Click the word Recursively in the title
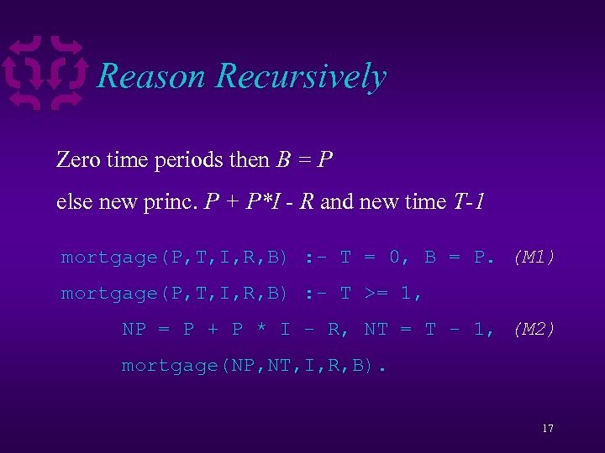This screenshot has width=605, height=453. coord(301,76)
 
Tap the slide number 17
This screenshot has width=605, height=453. coord(547,429)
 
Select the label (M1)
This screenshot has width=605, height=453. coord(534,258)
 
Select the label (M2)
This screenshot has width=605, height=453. coord(534,330)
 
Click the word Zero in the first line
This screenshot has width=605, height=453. coord(79,159)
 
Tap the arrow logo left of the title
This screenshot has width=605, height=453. coord(45,73)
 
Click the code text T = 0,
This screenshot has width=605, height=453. coord(375,258)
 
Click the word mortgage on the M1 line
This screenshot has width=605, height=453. coord(108,258)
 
